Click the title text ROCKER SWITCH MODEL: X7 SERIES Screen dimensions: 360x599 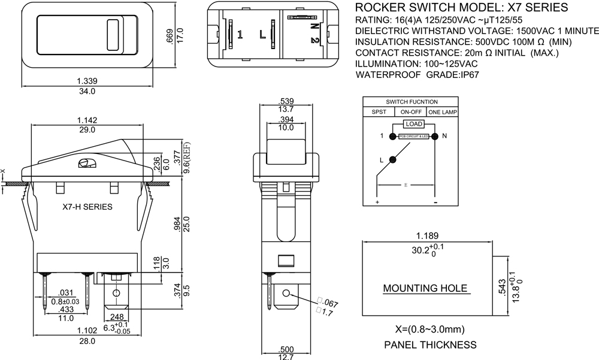coord(462,8)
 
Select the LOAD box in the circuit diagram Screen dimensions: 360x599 coord(413,124)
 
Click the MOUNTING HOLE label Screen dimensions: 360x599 coord(425,288)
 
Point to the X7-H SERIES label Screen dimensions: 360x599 coord(87,207)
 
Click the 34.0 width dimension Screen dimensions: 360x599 coord(87,92)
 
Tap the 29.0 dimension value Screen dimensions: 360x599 coord(87,130)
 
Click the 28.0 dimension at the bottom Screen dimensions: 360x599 coord(87,341)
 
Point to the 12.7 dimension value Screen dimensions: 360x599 coord(286,357)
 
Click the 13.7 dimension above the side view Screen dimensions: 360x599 coord(286,109)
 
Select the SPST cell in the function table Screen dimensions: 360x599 coord(379,112)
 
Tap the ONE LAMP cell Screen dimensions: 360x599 coord(443,112)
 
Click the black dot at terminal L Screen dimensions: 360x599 coord(393,159)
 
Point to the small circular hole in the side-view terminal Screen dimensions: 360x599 coord(286,294)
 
